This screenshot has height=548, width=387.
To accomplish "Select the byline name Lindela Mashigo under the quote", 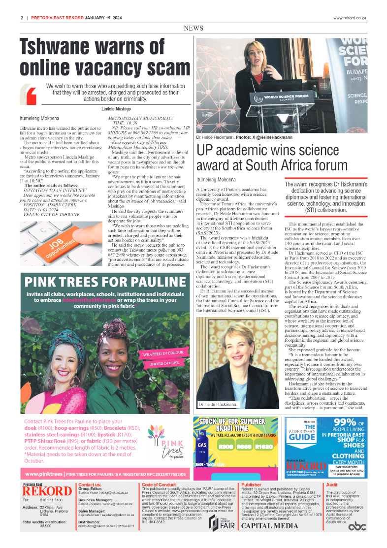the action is click(116, 108).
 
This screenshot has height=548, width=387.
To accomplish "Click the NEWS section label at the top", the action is click(193, 29).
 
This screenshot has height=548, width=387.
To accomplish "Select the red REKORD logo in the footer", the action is click(47, 490).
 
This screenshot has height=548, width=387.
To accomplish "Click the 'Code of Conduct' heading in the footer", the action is click(158, 484).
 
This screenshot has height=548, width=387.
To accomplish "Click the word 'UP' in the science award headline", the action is click(205, 151).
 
